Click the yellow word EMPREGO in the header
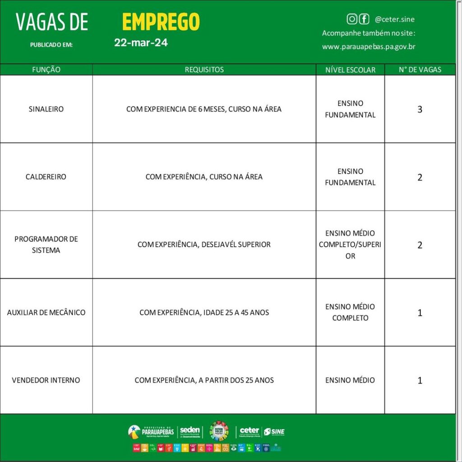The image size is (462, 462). (161, 22)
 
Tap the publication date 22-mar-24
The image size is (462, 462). (141, 43)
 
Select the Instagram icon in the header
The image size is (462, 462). (351, 19)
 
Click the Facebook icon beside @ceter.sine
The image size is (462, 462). (364, 19)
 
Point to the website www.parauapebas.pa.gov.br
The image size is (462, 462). (369, 46)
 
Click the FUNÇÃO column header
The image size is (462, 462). (46, 69)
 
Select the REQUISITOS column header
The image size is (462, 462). (204, 69)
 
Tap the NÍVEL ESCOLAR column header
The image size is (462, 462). (350, 69)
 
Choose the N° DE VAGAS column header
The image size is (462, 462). (420, 69)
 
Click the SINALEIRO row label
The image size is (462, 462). (46, 109)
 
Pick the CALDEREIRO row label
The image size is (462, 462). (46, 177)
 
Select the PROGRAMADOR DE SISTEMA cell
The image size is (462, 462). (46, 245)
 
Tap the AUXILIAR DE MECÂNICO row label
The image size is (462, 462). (46, 312)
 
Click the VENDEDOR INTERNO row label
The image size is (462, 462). (46, 380)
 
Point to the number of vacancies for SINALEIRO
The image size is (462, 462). (420, 109)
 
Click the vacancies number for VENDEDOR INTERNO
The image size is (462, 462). (420, 380)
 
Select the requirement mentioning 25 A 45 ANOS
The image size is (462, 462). (204, 312)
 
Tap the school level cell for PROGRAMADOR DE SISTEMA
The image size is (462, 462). (350, 245)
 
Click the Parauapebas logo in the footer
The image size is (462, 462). (151, 431)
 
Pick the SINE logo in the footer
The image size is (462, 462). (274, 432)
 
